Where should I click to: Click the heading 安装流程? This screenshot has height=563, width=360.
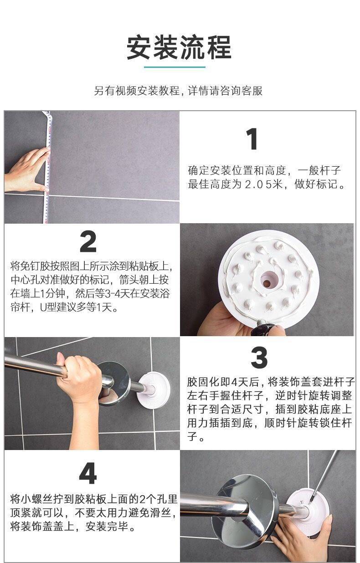point(179,47)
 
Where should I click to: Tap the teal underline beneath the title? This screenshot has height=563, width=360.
point(175,67)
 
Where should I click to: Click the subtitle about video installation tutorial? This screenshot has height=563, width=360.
point(178,91)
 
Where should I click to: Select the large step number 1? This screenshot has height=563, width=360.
point(252,139)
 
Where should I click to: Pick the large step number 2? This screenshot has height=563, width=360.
point(88,242)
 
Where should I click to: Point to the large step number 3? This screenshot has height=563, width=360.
point(259,358)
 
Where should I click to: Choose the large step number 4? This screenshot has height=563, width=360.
point(88,474)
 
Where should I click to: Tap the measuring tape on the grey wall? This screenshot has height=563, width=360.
point(48,167)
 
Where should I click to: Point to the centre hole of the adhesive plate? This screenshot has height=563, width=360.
point(267,280)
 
